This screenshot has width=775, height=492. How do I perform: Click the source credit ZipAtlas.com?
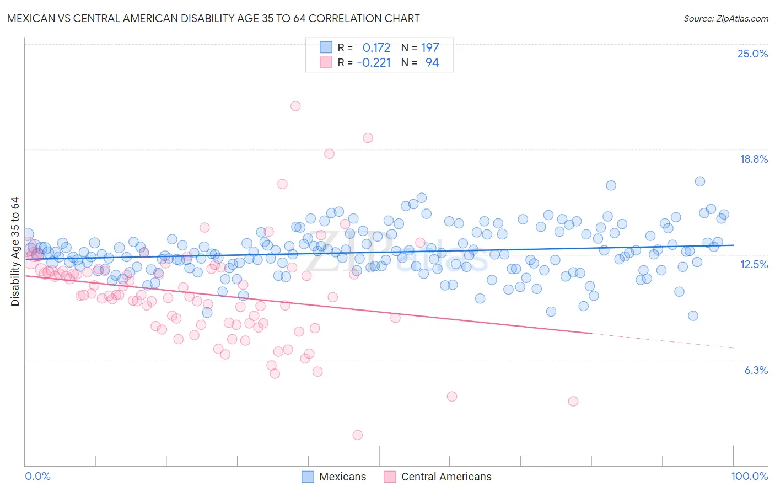[725, 19]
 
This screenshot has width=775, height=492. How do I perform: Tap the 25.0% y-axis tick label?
[752, 54]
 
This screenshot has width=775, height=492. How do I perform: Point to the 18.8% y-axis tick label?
[754, 159]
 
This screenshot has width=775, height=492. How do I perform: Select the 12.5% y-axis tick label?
[754, 264]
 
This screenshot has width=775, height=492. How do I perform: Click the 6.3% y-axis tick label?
[756, 370]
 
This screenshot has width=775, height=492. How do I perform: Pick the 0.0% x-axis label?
[37, 476]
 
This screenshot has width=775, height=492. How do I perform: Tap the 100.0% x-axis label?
[749, 476]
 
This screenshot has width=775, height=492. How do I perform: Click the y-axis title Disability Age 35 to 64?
[15, 252]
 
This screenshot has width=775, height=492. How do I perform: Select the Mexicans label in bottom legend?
[342, 477]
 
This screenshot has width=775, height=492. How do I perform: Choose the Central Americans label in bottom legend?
[446, 477]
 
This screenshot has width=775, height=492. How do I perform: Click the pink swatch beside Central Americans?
[390, 477]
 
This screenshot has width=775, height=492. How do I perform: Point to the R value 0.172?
[376, 47]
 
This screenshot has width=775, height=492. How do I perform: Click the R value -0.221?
[374, 62]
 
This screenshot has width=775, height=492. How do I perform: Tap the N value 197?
[430, 47]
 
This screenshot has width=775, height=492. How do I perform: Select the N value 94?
[432, 62]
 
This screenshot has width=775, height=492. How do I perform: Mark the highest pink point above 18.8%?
[295, 106]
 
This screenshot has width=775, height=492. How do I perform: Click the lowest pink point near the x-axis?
[357, 435]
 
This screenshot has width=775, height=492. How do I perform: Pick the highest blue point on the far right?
[699, 181]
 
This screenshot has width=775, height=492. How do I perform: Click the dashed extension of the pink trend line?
[661, 341]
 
